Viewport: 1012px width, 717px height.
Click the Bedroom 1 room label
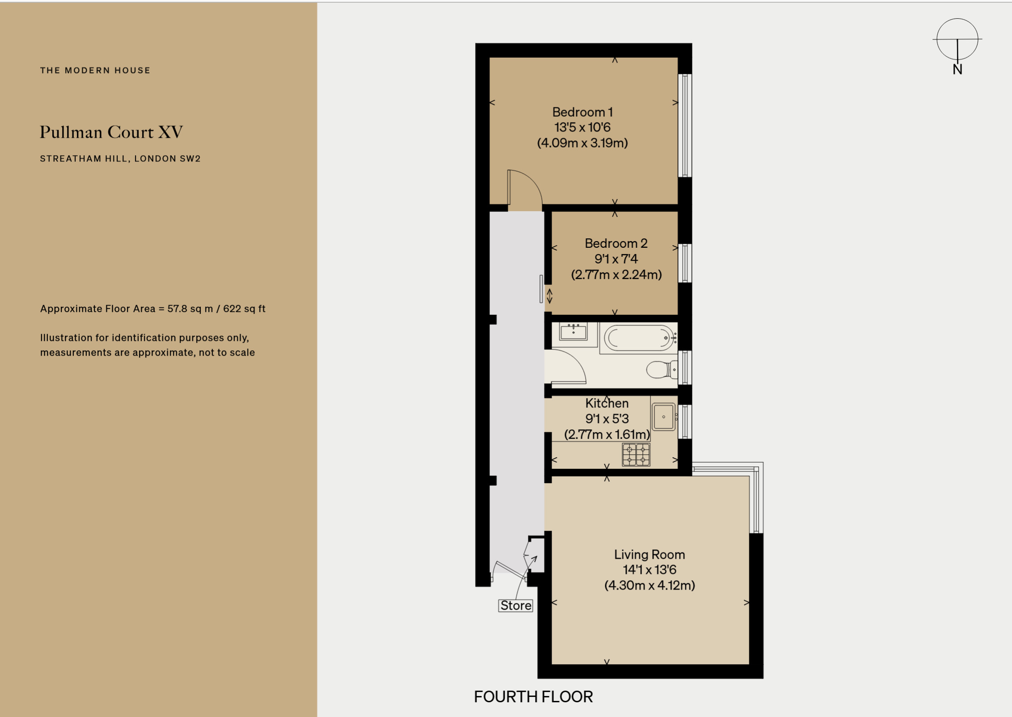coord(582,112)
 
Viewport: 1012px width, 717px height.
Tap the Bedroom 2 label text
coord(616,243)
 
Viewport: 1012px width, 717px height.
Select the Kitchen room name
coord(607,403)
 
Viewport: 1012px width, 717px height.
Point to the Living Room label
coord(649,555)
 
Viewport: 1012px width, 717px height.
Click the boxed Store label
coord(515,605)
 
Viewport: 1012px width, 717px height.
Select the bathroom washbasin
coord(573,331)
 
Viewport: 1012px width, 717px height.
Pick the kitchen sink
coord(663,416)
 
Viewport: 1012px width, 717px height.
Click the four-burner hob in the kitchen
coord(636,454)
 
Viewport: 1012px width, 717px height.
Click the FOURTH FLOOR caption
coord(533,697)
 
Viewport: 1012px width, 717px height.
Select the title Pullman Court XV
coord(111,132)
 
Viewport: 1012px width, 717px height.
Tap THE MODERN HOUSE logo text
coord(95,70)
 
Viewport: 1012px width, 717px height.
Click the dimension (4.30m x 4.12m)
coord(650,585)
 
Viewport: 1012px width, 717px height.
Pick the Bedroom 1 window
coord(685,125)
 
